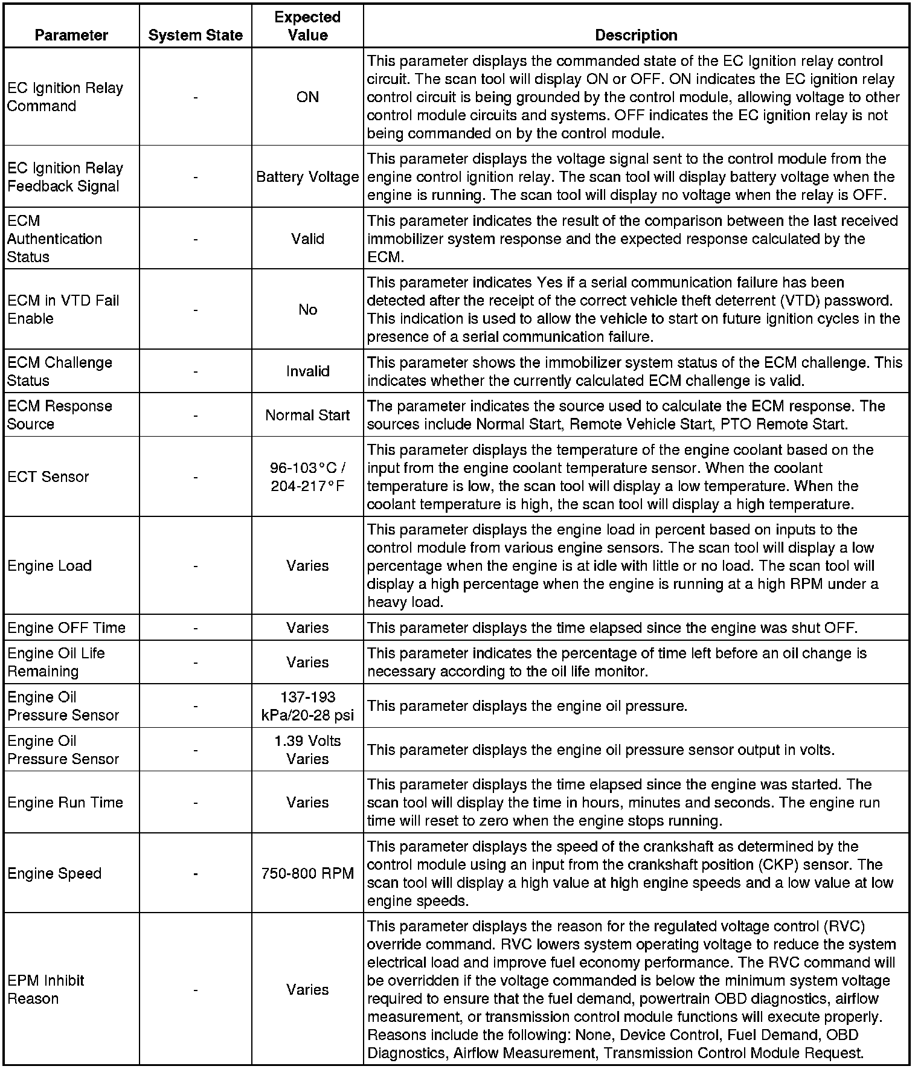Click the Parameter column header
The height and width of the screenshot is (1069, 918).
[71, 35]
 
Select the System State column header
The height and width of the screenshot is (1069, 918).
[195, 35]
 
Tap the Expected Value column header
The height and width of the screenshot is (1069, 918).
[307, 26]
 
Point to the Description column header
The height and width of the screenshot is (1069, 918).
[636, 35]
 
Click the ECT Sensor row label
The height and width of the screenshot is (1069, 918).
[48, 477]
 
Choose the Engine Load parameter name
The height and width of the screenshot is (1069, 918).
[50, 566]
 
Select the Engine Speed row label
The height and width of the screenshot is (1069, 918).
[54, 873]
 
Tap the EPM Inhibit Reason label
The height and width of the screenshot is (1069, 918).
[45, 989]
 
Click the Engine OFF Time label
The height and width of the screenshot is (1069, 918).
[66, 628]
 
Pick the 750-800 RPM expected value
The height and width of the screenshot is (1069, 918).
[307, 873]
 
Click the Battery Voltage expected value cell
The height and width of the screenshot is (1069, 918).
[307, 177]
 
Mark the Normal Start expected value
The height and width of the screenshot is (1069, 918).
[307, 415]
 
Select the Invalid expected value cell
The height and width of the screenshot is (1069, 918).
[307, 371]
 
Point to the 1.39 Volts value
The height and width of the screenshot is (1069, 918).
[307, 741]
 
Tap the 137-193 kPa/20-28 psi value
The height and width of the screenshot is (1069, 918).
[307, 706]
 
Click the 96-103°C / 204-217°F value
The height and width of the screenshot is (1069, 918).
[307, 477]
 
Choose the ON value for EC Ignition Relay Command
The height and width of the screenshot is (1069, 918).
[307, 97]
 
